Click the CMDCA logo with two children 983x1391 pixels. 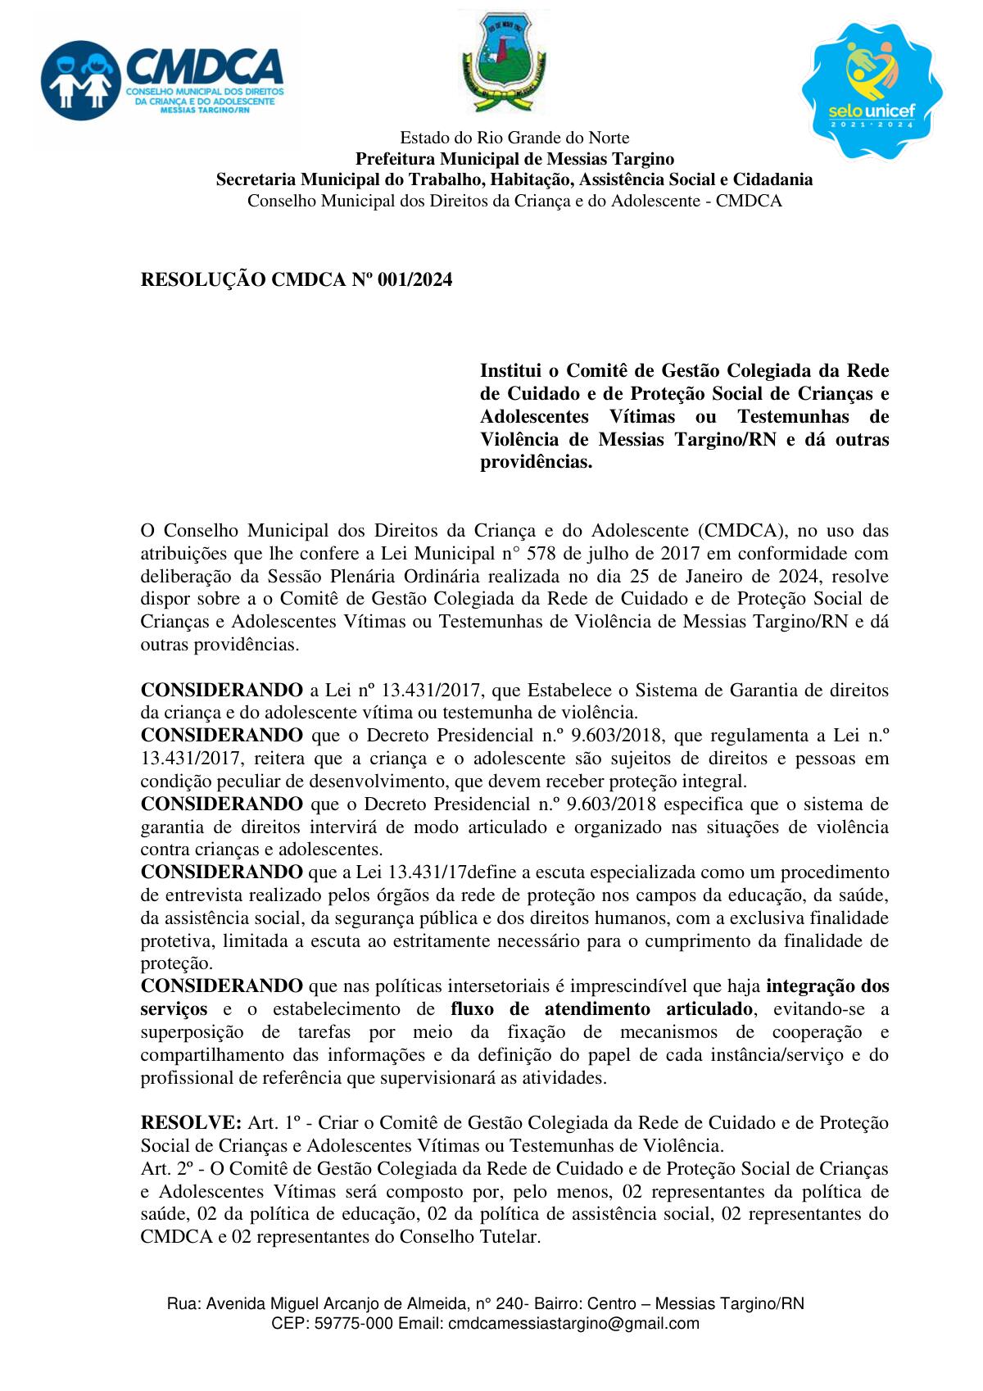click(x=161, y=77)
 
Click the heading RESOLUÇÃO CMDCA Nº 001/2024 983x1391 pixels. click(x=297, y=280)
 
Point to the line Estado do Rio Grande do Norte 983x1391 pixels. click(x=514, y=137)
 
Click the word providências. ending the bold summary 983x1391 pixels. click(x=535, y=462)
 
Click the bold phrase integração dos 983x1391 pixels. click(x=827, y=985)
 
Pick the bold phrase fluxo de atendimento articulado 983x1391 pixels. click(x=601, y=1008)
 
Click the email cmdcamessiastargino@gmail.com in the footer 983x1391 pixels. click(x=574, y=1323)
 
